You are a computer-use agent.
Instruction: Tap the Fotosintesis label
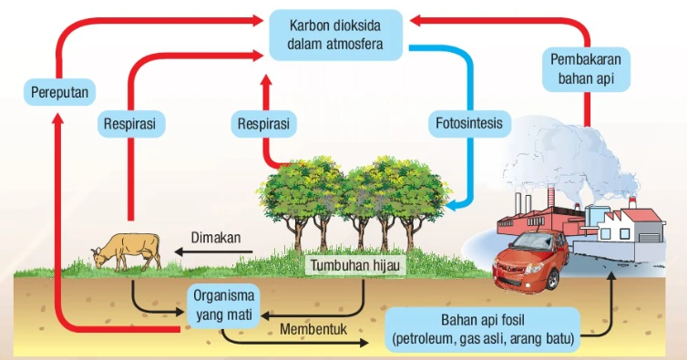469,122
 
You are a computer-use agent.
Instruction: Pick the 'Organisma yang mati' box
223,304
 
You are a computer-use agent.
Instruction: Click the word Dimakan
215,238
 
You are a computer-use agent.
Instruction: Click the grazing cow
127,250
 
